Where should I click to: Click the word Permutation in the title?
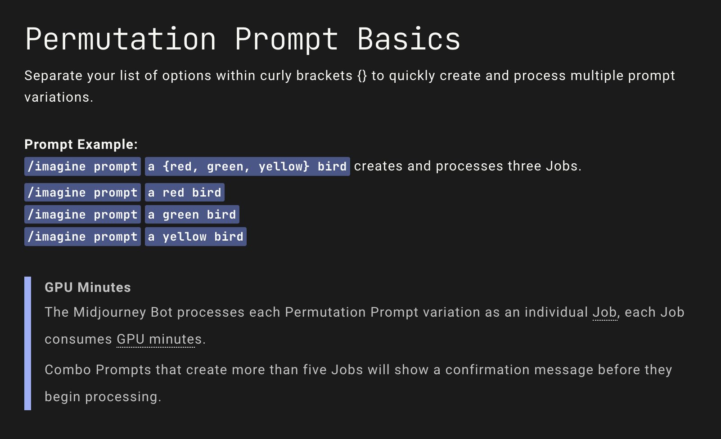click(121, 40)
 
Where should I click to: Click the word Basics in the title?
click(409, 40)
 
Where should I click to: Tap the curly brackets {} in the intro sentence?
click(362, 76)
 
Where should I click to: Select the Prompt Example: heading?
click(81, 144)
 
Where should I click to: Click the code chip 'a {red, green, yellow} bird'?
click(247, 166)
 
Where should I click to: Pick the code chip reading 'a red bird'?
click(185, 193)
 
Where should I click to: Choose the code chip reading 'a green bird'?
click(192, 215)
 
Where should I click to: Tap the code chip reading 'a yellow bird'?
click(195, 237)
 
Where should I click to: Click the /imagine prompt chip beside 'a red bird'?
click(82, 193)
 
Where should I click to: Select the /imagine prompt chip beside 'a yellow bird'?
click(82, 237)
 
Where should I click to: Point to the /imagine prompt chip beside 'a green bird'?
click(82, 215)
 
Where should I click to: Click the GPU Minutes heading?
click(88, 287)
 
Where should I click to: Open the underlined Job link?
click(604, 312)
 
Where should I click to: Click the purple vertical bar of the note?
click(28, 343)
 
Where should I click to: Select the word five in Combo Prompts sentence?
click(315, 370)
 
